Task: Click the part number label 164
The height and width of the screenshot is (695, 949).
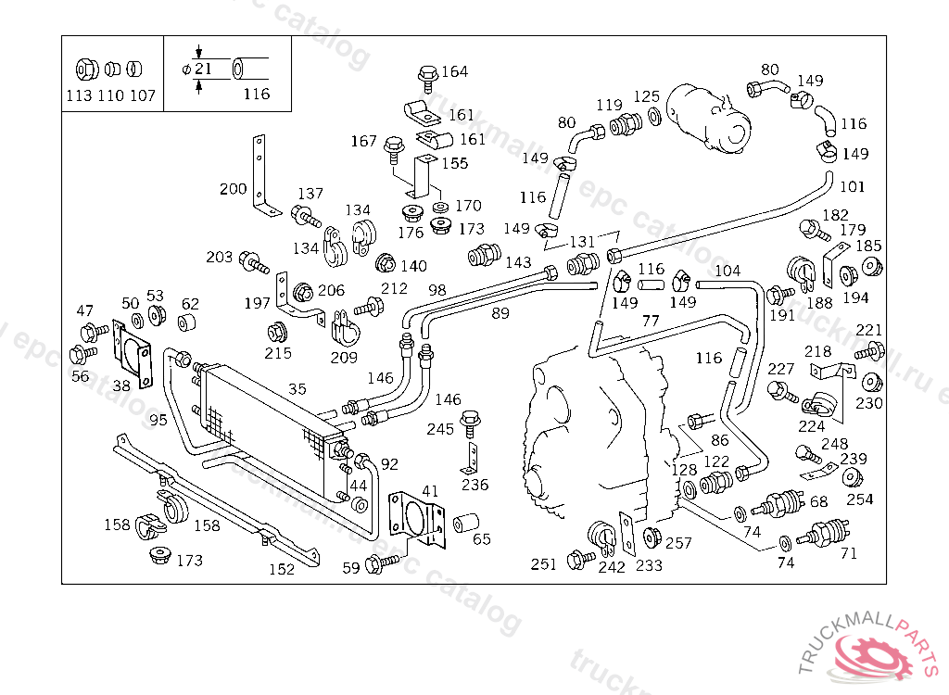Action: [455, 71]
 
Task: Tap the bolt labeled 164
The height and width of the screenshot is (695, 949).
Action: [427, 75]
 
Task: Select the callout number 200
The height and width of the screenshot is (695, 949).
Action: [233, 189]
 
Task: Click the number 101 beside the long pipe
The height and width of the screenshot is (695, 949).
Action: [852, 186]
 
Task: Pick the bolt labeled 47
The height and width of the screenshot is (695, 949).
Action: [90, 331]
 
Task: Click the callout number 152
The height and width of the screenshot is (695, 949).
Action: [281, 569]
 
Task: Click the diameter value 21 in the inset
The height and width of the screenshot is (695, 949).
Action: [204, 68]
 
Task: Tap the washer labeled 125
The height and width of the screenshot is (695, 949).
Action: [654, 116]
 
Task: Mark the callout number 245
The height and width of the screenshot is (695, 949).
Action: [440, 429]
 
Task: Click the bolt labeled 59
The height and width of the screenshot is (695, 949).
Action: [379, 562]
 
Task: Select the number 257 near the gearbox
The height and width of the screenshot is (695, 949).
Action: [678, 543]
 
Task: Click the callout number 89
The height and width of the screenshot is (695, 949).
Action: [500, 313]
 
